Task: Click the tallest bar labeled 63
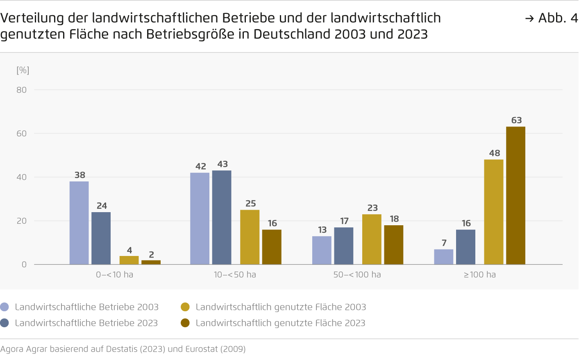(x=515, y=195)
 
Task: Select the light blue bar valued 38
(x=79, y=223)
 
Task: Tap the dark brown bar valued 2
(x=151, y=262)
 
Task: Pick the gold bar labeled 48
(x=493, y=212)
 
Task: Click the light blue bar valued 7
(x=444, y=257)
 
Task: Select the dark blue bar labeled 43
(x=222, y=217)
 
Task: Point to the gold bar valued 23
(x=372, y=239)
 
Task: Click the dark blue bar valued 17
(x=343, y=246)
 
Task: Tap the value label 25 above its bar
(x=251, y=204)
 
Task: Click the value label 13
(x=322, y=230)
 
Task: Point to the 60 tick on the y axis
(x=22, y=134)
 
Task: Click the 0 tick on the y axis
(x=24, y=265)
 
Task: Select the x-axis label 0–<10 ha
(x=115, y=275)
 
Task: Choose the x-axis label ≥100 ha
(x=479, y=275)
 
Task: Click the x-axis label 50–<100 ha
(x=357, y=275)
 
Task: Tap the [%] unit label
(x=23, y=70)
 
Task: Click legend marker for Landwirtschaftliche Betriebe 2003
(x=5, y=307)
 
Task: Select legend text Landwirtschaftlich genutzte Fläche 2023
(x=280, y=323)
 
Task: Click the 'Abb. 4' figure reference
(x=557, y=18)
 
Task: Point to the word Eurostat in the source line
(x=202, y=349)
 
